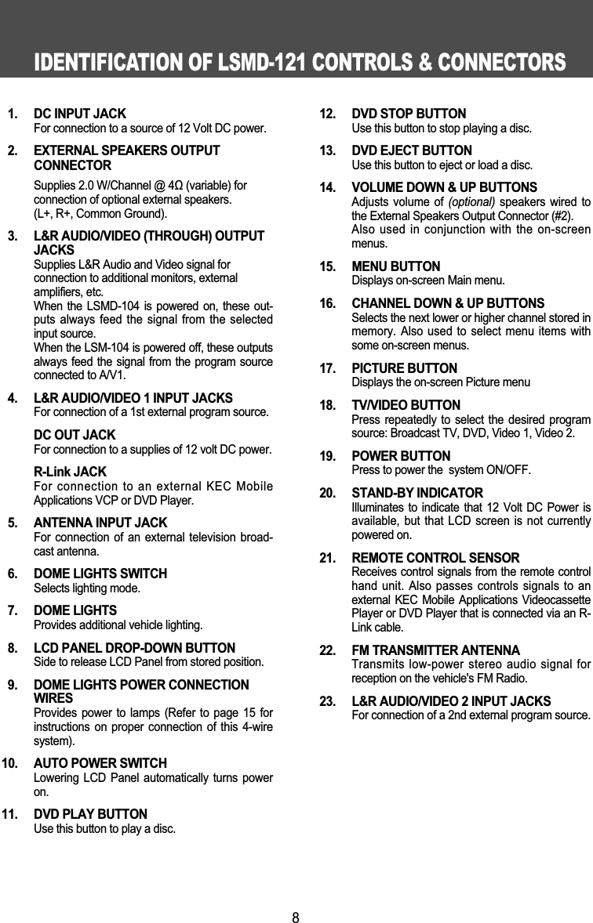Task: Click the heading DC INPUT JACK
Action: click(x=79, y=114)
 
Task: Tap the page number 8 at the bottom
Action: click(x=296, y=916)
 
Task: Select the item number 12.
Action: click(x=329, y=114)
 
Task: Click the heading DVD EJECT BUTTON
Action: click(x=412, y=150)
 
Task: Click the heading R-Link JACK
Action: click(x=70, y=472)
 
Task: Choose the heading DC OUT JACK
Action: click(x=75, y=435)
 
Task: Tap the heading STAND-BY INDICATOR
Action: click(x=417, y=493)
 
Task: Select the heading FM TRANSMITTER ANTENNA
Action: click(x=435, y=650)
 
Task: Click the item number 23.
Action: click(x=329, y=700)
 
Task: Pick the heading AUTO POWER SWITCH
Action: click(x=100, y=763)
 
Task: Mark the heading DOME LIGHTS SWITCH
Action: click(x=100, y=574)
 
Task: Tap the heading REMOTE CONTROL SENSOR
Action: click(x=435, y=558)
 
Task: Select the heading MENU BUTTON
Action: click(x=396, y=266)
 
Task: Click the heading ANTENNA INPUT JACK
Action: click(x=100, y=523)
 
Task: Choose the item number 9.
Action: click(x=13, y=685)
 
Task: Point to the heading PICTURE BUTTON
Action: click(x=405, y=368)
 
